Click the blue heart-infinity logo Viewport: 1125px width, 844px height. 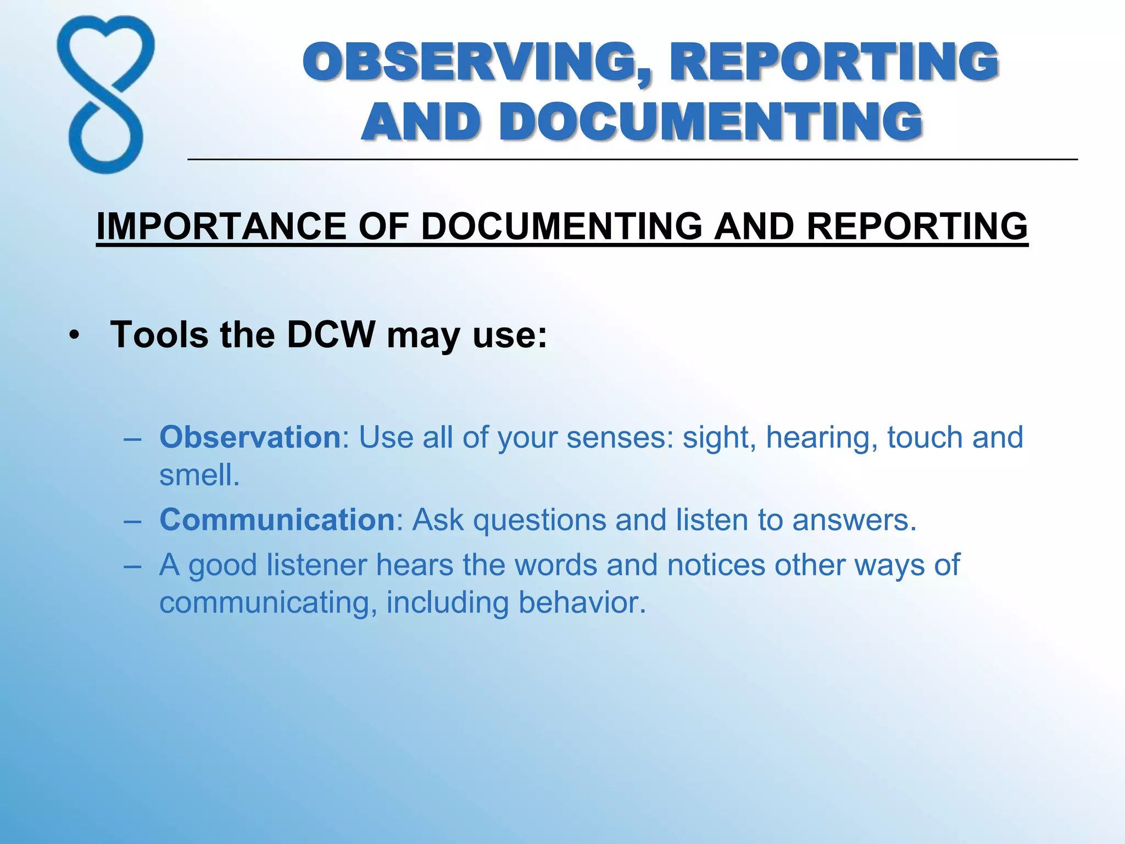coord(105,95)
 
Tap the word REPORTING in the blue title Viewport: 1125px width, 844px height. coord(833,62)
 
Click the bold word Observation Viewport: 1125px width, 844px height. coord(250,437)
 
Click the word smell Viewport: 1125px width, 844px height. coord(199,475)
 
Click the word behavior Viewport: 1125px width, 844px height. coord(581,603)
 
